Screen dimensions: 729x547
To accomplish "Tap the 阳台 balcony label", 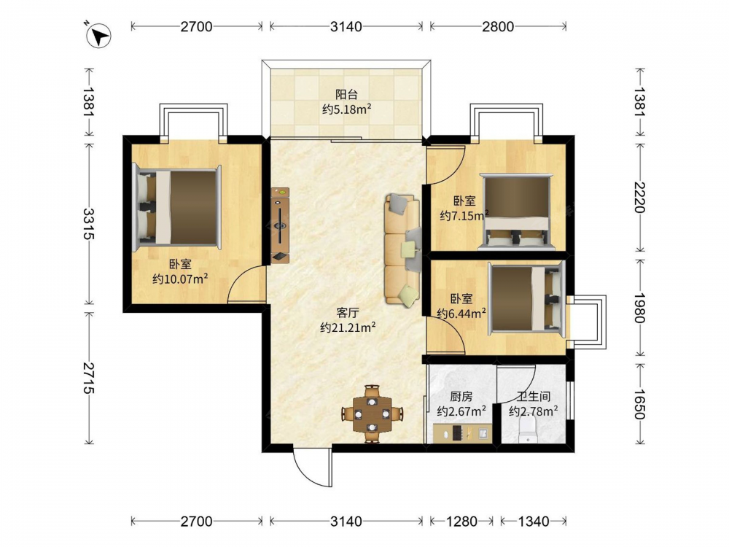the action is coord(346,94).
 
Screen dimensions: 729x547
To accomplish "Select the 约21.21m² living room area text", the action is coord(348,327).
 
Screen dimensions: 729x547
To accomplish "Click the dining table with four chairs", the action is coord(372,414).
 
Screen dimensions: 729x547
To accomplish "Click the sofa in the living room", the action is coord(402,251).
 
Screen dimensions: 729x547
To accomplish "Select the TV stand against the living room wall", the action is coord(281,225).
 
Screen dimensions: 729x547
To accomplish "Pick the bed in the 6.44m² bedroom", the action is coord(526,298).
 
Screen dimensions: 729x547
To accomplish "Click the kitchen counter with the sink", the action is coord(461,433).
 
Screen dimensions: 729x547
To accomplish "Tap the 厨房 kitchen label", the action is coord(461,396).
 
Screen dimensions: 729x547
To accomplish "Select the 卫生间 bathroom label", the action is coord(534,396).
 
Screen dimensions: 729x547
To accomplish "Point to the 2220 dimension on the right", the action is coord(640,197).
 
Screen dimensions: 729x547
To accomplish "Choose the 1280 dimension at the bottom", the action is coord(461,521).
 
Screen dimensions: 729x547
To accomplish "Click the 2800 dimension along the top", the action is coord(498,26).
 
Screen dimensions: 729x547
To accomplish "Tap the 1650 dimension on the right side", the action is coord(640,404).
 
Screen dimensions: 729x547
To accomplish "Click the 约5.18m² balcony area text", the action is coord(346,110).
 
